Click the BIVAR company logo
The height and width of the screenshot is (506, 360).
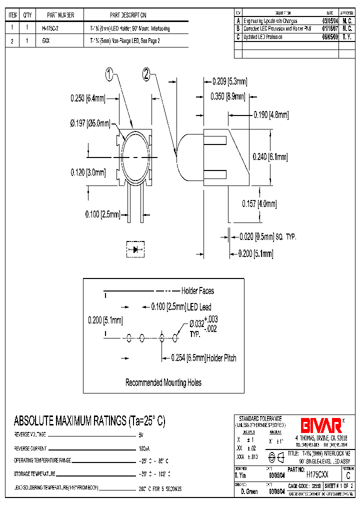tap(321, 425)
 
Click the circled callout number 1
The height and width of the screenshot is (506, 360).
tap(110, 75)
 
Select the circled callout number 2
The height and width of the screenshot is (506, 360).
tap(146, 75)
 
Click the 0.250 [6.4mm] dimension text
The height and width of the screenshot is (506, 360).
tap(88, 99)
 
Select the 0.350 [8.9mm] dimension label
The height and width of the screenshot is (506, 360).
tap(228, 96)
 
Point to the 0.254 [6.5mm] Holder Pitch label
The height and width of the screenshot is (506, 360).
tap(203, 358)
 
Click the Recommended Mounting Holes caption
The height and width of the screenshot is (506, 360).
tap(163, 382)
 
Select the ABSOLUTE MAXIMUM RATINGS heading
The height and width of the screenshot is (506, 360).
tap(89, 421)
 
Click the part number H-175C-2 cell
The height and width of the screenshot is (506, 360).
tap(50, 28)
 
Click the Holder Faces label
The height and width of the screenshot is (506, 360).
tap(197, 290)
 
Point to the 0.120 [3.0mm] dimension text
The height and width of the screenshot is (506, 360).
tap(88, 172)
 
